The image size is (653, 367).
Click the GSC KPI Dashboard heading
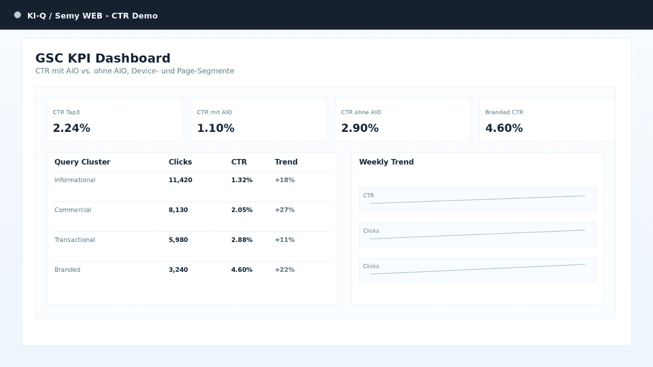coord(103,58)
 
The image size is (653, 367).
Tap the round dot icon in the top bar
coord(18,15)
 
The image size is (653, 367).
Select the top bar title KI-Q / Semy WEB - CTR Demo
coord(93,16)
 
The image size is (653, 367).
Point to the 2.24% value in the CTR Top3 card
coord(71,128)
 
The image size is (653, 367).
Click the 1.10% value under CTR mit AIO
coord(216,128)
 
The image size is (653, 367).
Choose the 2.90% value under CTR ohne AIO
coord(360,128)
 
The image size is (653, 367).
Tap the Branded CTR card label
coord(504,112)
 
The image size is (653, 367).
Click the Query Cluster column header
coord(82,162)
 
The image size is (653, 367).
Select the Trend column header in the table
coord(286,162)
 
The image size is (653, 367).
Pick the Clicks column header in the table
coord(180,162)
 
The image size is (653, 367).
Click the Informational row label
coord(75,180)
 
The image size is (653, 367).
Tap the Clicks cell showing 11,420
coord(180,180)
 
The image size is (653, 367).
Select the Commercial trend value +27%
coord(284,210)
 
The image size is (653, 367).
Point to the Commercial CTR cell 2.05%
coord(241,210)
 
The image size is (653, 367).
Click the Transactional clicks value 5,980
coord(178,240)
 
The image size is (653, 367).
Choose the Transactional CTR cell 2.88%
coord(241,240)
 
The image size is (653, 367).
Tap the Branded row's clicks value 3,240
coord(178,270)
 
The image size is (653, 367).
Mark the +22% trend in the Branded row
coord(284,270)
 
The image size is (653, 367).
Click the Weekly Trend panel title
coord(386,162)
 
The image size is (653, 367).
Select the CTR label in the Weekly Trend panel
coord(369,196)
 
